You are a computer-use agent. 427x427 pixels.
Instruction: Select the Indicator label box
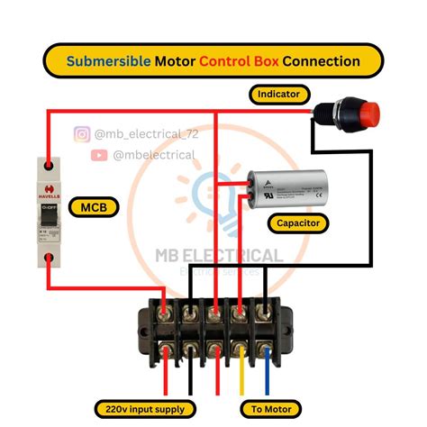(x=279, y=94)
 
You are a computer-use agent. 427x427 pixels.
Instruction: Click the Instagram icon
(x=82, y=134)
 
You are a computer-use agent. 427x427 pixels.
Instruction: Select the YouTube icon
(x=99, y=155)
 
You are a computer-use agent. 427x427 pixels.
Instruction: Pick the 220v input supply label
(x=145, y=408)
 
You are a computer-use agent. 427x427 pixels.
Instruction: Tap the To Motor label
(x=269, y=408)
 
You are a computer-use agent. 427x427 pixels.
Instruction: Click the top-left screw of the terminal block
(x=163, y=313)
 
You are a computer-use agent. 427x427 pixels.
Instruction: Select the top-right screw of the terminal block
(x=265, y=313)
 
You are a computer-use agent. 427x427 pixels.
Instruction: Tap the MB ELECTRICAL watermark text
(x=219, y=256)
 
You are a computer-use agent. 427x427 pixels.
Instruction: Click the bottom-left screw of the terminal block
(x=163, y=350)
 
